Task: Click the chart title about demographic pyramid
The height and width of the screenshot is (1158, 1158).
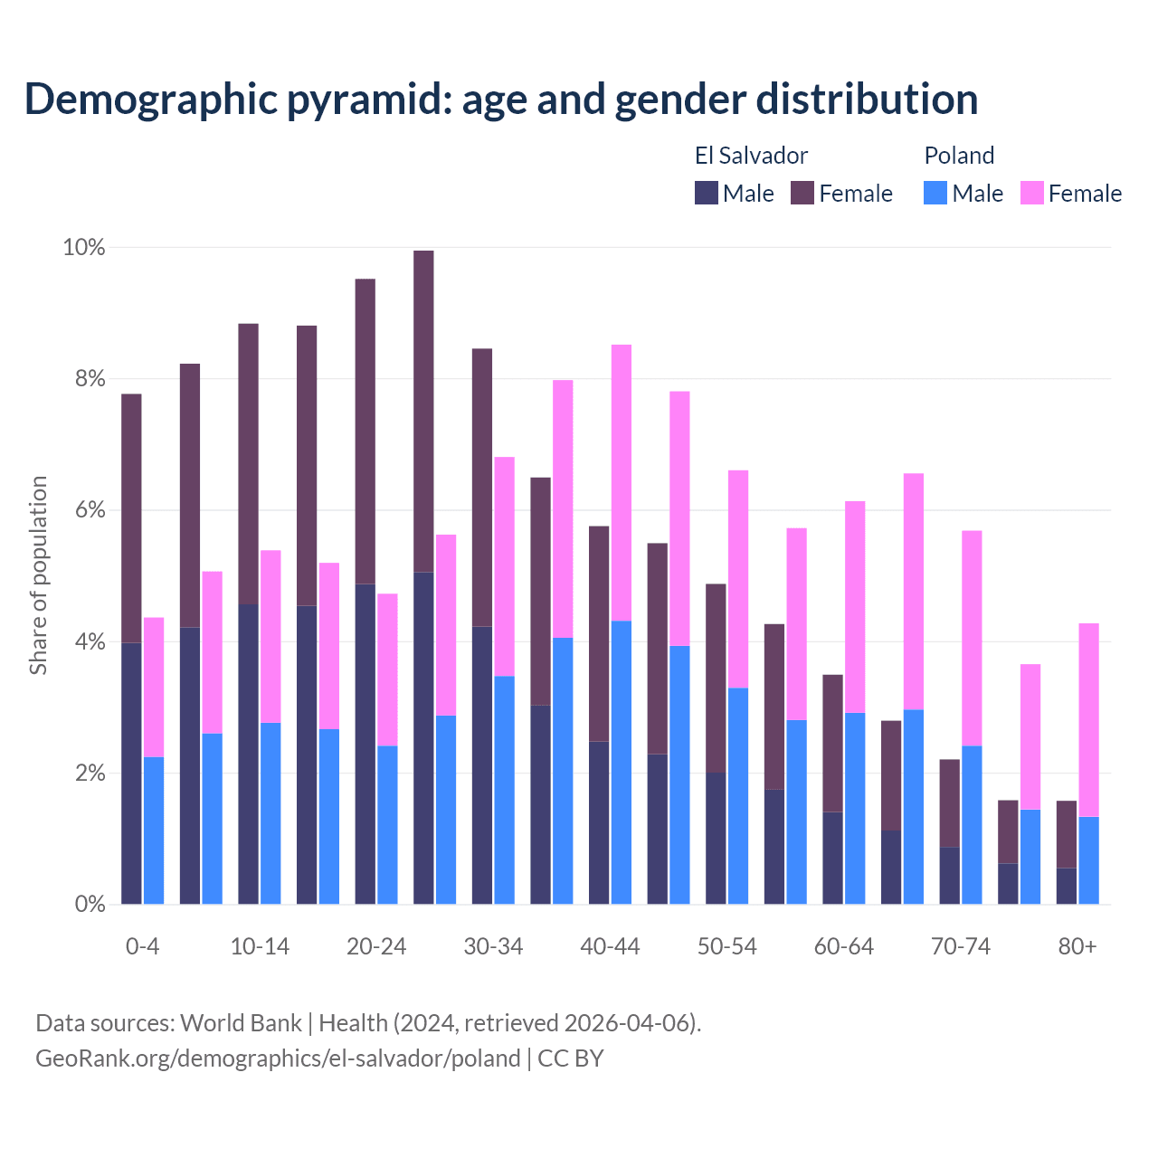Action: click(501, 100)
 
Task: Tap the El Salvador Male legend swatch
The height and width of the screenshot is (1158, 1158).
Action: click(707, 194)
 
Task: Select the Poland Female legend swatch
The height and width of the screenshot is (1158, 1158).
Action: click(1032, 194)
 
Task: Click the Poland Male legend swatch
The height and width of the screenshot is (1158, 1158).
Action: click(935, 194)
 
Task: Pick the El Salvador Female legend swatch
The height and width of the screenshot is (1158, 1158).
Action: click(802, 194)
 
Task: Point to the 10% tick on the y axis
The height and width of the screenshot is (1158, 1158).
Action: click(84, 248)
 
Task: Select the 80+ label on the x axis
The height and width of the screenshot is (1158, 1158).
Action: click(1077, 947)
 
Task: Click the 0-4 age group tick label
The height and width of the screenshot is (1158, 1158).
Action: click(142, 947)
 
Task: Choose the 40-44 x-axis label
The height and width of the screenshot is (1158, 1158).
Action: click(610, 947)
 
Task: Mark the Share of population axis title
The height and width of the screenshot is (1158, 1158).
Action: click(39, 575)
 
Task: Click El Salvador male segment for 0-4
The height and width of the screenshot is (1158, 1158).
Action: click(131, 774)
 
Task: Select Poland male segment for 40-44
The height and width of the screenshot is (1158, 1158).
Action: click(622, 762)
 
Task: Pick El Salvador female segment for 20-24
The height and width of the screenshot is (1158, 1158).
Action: click(365, 432)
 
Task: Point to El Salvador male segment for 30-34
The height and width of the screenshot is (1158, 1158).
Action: click(482, 764)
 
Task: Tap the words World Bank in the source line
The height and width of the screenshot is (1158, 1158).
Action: click(241, 1023)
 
